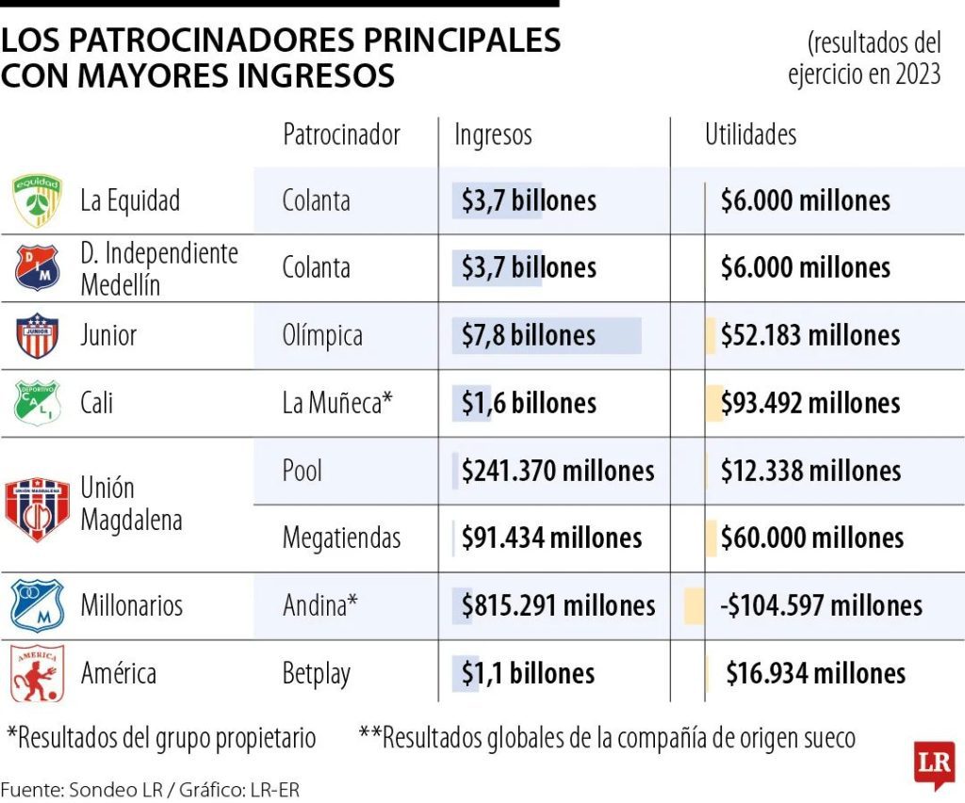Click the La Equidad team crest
[x=38, y=201]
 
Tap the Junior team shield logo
[x=37, y=335]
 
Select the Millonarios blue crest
[x=37, y=605]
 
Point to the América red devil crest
[x=38, y=673]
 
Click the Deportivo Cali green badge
[x=37, y=403]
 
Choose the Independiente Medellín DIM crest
[x=37, y=267]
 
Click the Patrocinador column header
[x=341, y=134]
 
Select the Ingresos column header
[x=493, y=134]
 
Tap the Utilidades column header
[x=751, y=134]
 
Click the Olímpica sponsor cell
[x=322, y=336]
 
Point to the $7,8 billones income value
[x=529, y=336]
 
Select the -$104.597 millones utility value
[x=821, y=605]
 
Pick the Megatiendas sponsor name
[x=341, y=538]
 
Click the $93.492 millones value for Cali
[x=810, y=403]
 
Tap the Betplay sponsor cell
[x=317, y=674]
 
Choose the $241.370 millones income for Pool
[x=558, y=471]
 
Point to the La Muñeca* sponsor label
[x=337, y=403]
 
